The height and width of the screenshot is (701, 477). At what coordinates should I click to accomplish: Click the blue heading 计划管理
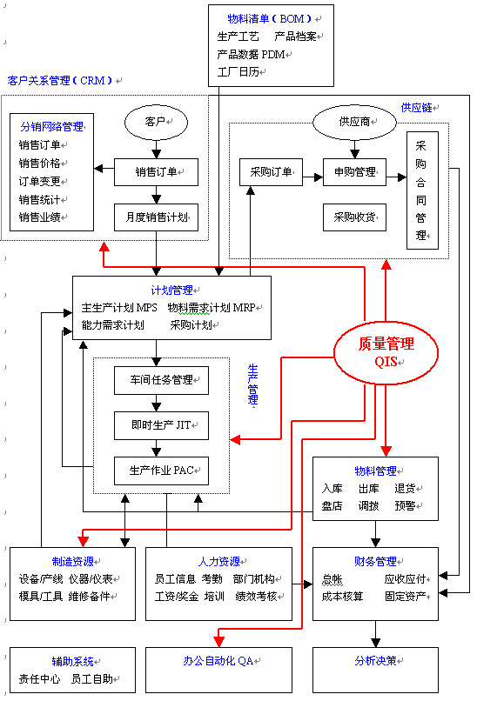(x=171, y=290)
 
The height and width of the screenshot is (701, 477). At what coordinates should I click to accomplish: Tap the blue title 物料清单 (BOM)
(x=269, y=19)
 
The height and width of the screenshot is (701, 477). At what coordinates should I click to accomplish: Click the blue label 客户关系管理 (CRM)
(x=60, y=81)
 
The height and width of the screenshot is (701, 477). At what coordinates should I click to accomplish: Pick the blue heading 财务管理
(x=375, y=562)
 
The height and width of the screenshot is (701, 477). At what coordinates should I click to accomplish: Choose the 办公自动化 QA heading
(x=218, y=661)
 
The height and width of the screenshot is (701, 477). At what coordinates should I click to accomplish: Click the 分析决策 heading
(x=375, y=661)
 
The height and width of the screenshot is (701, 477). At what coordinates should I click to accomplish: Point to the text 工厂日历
(x=238, y=72)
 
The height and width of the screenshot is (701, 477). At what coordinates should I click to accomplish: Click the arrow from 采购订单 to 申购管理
(x=312, y=177)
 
